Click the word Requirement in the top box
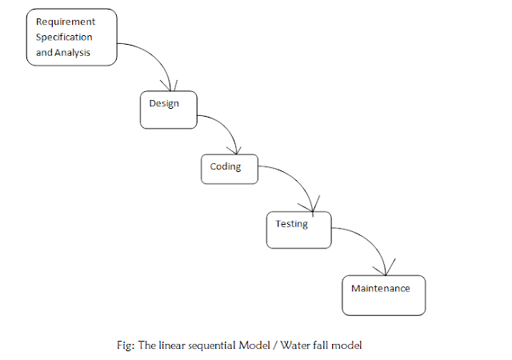66,22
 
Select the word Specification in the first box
64,37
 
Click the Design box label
163,103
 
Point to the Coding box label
225,166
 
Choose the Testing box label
291,224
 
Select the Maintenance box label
381,288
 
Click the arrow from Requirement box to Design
157,56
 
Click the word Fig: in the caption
126,345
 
